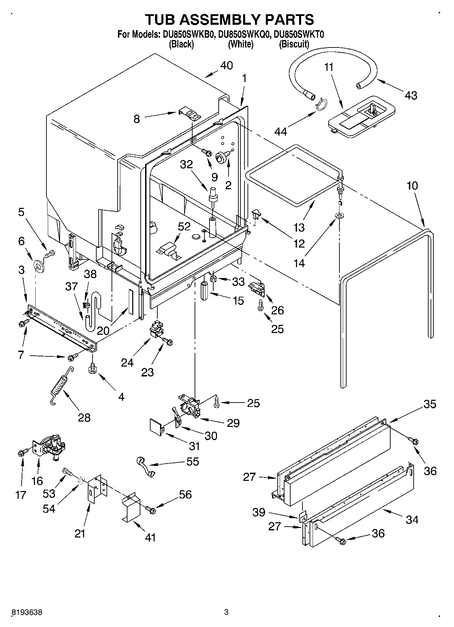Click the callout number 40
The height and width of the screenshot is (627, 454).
(x=226, y=65)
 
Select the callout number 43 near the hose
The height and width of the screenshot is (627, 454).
(x=411, y=96)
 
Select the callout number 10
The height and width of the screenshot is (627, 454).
(x=412, y=186)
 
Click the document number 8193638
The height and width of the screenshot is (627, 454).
(x=27, y=612)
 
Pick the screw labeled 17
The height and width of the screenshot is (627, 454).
(x=22, y=452)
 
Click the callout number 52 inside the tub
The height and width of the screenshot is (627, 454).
(x=184, y=227)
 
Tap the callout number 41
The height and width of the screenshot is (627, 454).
(x=150, y=537)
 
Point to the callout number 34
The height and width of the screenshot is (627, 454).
(x=412, y=519)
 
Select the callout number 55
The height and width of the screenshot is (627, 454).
(x=193, y=462)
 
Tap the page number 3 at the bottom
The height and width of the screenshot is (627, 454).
(x=226, y=612)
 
